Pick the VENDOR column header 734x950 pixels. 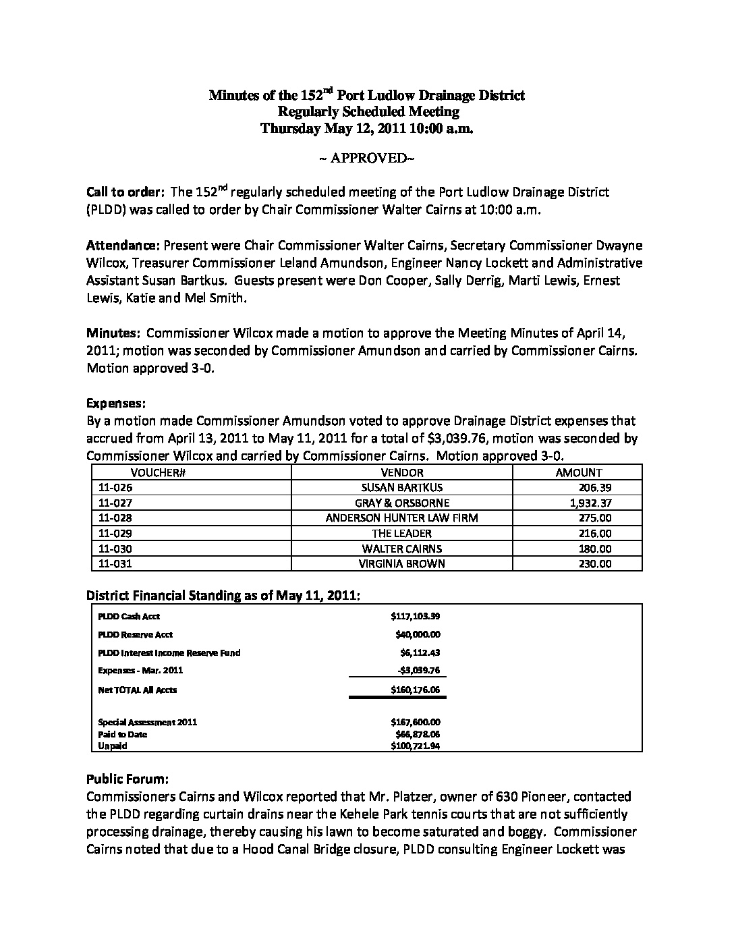pos(402,473)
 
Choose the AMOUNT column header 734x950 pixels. pos(578,473)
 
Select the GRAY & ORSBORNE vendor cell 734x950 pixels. pos(402,503)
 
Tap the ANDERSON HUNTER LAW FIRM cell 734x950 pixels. pos(402,518)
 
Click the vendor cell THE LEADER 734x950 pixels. pos(402,534)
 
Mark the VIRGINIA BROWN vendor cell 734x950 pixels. pos(402,564)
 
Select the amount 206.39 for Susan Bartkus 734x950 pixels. pos(595,488)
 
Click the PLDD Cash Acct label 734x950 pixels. pos(129,616)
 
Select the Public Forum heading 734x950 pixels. pos(128,779)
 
